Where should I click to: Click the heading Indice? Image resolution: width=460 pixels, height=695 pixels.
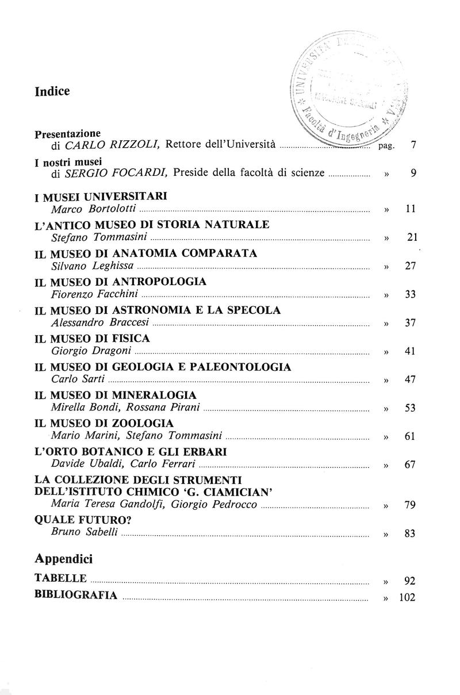[x=52, y=91]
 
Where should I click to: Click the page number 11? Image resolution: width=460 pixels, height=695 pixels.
[x=410, y=209]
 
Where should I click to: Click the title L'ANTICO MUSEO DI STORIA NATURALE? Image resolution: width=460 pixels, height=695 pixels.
[x=152, y=224]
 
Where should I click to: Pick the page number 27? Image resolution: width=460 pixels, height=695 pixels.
[x=410, y=266]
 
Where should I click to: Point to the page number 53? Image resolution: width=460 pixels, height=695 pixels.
[x=410, y=408]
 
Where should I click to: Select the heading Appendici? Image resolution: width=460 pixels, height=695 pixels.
[x=63, y=558]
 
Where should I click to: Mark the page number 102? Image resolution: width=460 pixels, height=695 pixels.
[x=407, y=597]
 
